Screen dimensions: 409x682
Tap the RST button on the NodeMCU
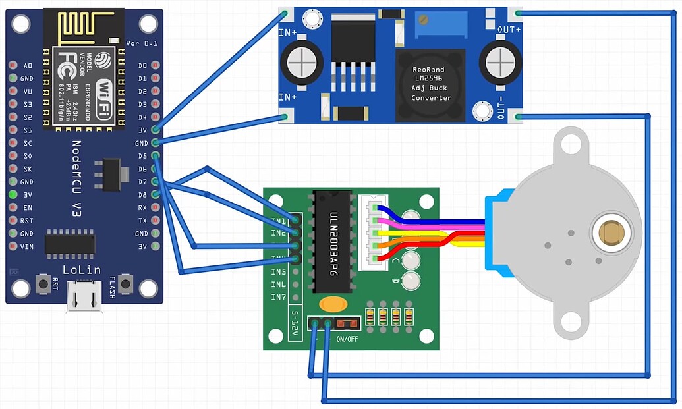pyautogui.click(x=44, y=284)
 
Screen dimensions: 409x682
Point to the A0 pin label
pyautogui.click(x=28, y=66)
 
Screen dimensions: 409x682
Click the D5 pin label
pyautogui.click(x=142, y=156)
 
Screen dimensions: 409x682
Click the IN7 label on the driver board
pyautogui.click(x=279, y=297)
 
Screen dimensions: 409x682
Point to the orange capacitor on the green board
pyautogui.click(x=333, y=304)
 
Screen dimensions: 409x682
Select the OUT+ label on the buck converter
pyautogui.click(x=509, y=30)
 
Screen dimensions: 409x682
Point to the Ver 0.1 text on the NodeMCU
pyautogui.click(x=142, y=43)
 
